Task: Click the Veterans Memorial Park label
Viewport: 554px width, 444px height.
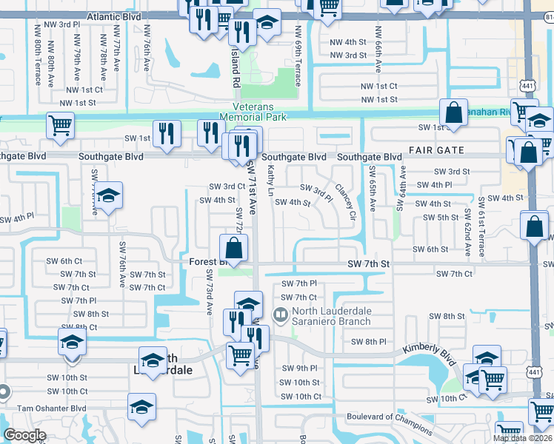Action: (254, 112)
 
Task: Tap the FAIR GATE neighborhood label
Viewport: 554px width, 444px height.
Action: (436, 150)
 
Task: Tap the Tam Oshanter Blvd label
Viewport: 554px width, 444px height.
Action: (51, 408)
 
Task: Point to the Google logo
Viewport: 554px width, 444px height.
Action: (24, 435)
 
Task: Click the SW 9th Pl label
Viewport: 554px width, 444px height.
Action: (298, 368)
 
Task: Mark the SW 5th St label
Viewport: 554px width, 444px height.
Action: (441, 217)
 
